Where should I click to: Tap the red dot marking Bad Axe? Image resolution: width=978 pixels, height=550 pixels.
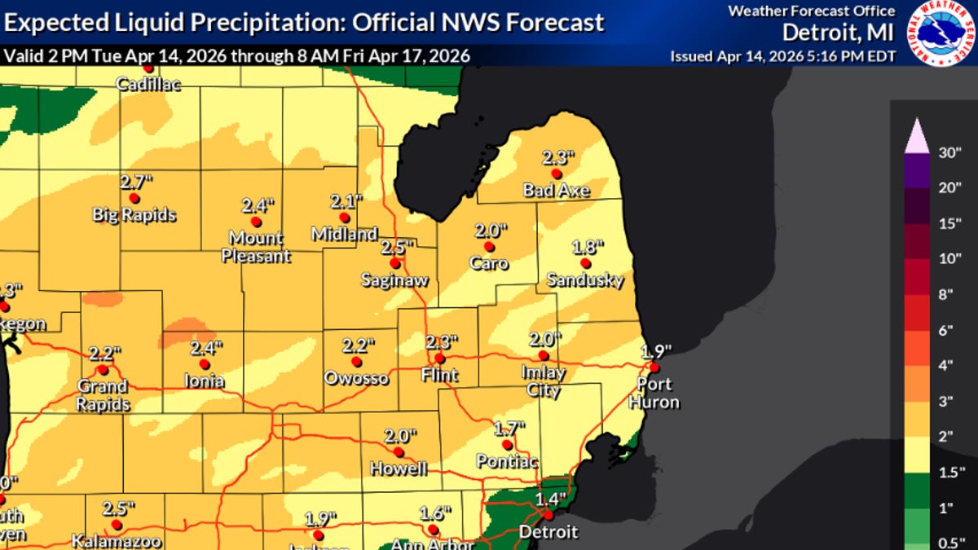tap(557, 174)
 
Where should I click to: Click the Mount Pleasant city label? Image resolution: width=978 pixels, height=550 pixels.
tap(256, 247)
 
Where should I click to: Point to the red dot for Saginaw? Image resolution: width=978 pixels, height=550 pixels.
tap(394, 263)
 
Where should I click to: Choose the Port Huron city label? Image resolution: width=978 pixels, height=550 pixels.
tap(654, 394)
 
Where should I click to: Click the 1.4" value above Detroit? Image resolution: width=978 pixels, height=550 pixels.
tap(549, 499)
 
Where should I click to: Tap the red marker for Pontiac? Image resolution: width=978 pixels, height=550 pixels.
tap(507, 445)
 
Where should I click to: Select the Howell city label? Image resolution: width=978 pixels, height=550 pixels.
tap(399, 469)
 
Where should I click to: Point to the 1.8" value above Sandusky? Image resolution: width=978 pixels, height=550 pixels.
tap(586, 245)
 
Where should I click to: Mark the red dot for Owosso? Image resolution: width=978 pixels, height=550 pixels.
tap(356, 361)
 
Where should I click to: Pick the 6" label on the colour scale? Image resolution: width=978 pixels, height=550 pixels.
tap(947, 330)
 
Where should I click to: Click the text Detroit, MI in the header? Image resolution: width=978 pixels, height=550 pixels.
tap(839, 33)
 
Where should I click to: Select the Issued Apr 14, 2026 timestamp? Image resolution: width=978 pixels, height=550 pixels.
tap(783, 56)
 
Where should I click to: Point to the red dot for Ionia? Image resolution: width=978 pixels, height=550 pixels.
tap(205, 364)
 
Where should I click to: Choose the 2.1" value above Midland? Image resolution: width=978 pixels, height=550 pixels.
tap(345, 200)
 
